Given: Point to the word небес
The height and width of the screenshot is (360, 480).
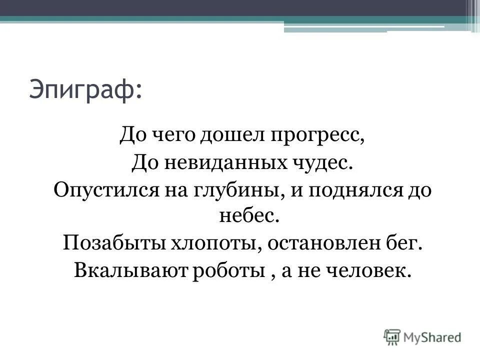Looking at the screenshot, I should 240,217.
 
